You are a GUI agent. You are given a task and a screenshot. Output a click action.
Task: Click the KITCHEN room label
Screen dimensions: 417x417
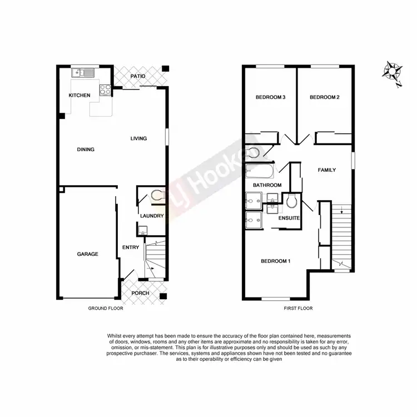tap(79, 96)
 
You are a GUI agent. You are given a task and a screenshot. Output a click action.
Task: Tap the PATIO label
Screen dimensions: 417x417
tap(138, 76)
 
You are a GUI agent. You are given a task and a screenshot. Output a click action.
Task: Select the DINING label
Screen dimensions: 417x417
tap(86, 149)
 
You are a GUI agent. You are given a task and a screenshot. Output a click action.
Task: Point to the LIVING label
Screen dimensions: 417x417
tap(138, 138)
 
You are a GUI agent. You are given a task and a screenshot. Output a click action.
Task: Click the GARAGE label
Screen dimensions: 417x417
tap(87, 254)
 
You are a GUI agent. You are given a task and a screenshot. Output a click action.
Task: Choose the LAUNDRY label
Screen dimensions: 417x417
tap(151, 216)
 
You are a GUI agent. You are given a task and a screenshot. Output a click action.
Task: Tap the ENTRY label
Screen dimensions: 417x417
tap(130, 248)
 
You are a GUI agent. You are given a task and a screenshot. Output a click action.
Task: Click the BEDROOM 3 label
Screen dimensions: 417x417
tap(270, 98)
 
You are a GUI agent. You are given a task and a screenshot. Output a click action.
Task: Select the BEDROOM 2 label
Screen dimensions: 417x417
tap(324, 98)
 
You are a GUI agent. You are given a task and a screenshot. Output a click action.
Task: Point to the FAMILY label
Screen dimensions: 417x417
tap(326, 170)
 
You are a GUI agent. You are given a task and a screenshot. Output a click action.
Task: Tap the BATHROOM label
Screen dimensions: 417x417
tap(267, 185)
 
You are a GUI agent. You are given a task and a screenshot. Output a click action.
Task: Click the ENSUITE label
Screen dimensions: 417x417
tap(290, 218)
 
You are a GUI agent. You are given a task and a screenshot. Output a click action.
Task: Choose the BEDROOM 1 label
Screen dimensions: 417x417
tap(276, 261)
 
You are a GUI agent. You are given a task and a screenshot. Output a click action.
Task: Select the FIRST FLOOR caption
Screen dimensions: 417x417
tap(298, 308)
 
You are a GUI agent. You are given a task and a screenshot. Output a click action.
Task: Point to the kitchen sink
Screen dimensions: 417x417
tap(82, 73)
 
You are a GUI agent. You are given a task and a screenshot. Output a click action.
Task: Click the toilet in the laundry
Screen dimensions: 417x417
tap(156, 195)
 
